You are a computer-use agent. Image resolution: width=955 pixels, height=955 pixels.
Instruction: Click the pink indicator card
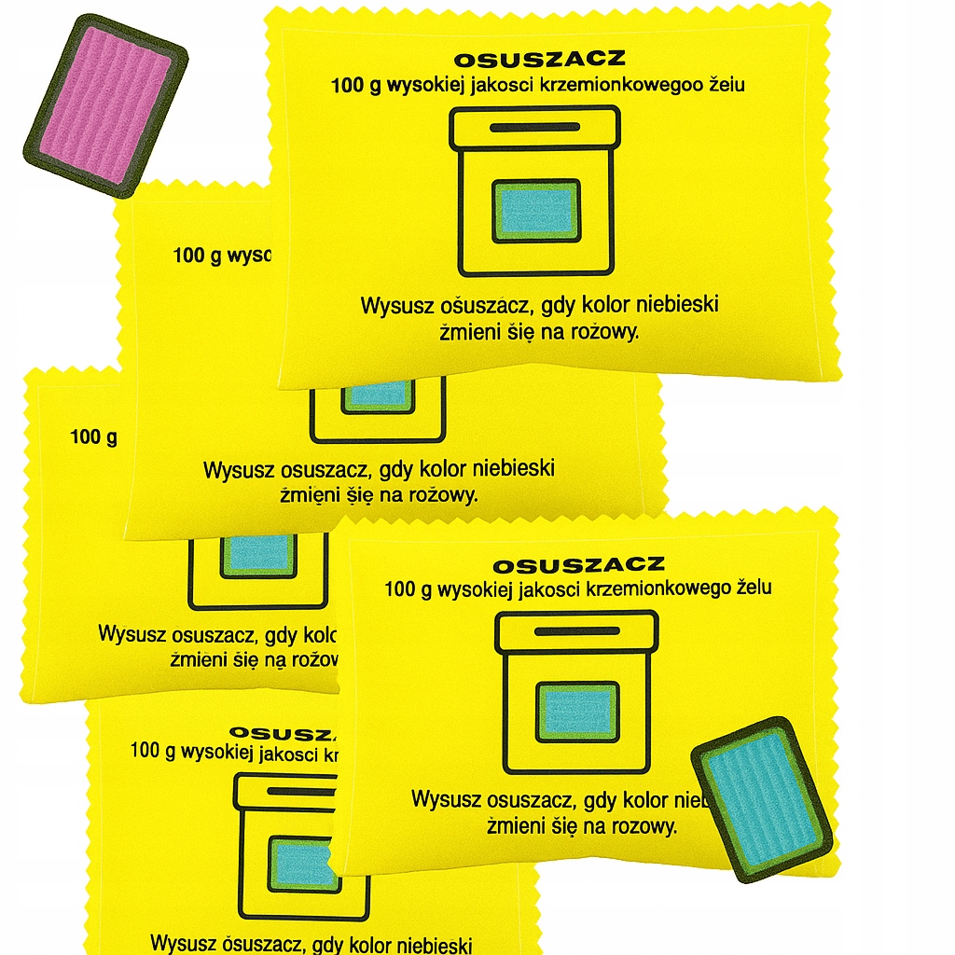(x=104, y=104)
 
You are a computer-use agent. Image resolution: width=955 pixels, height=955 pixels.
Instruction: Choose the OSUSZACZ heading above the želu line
(x=578, y=564)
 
